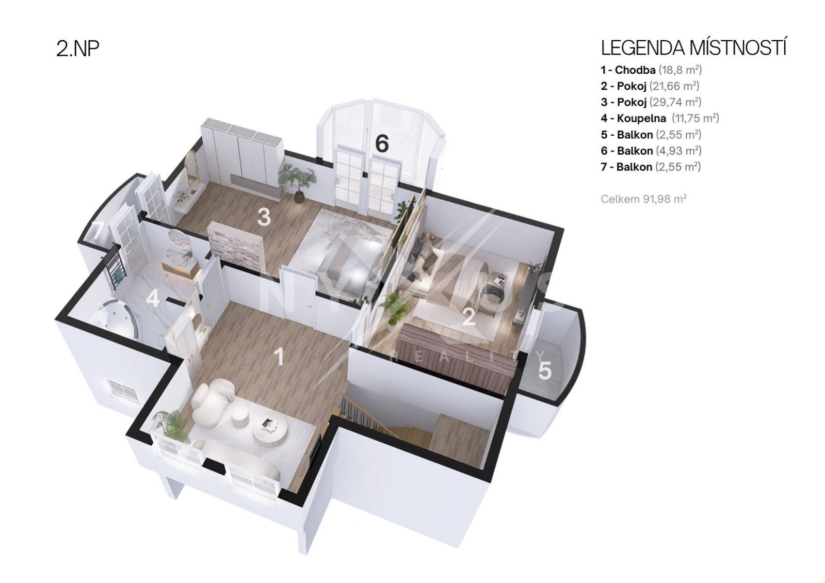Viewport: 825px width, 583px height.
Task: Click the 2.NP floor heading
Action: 78,48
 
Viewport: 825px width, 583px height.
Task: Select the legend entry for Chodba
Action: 651,70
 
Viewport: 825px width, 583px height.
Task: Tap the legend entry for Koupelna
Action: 660,118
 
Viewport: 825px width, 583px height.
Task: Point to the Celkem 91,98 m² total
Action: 643,199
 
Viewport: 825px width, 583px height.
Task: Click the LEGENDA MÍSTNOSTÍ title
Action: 693,48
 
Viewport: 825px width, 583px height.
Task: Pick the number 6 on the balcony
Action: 382,143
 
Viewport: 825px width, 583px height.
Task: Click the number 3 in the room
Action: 264,217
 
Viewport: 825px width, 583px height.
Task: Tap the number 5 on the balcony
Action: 545,370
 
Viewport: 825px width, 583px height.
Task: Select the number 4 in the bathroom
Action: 153,299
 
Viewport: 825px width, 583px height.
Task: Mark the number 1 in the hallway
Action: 280,357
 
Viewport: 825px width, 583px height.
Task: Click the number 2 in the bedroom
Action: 469,317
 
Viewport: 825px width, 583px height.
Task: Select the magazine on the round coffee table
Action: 269,425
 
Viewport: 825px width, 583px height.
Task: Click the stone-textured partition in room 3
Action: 236,242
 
